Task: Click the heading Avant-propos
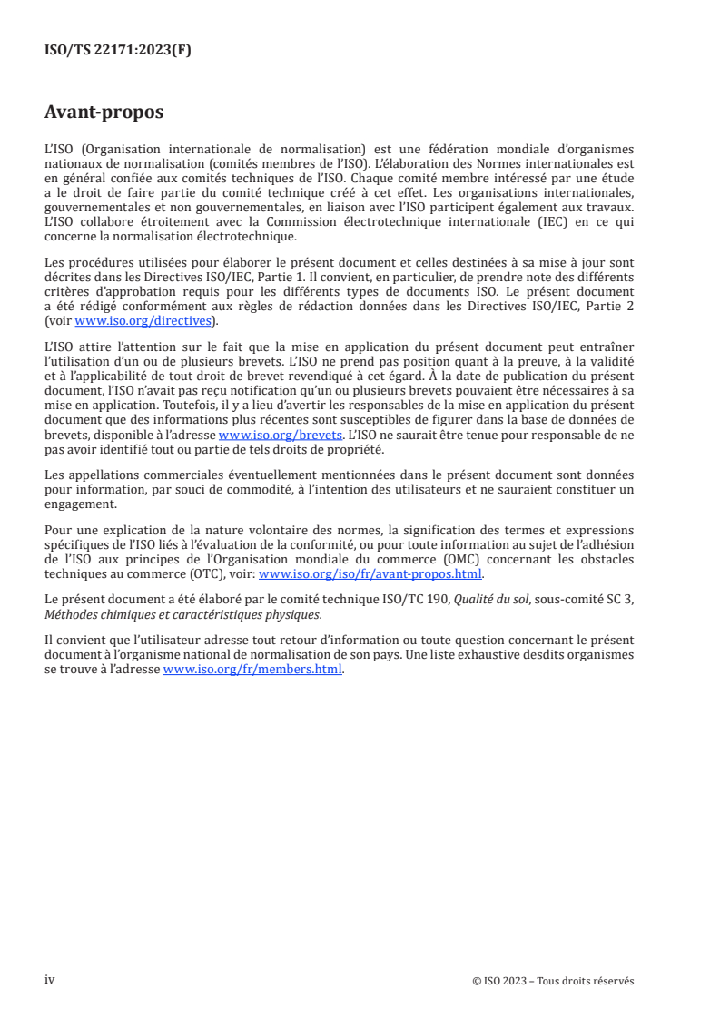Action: (104, 113)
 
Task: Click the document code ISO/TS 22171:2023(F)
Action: (118, 50)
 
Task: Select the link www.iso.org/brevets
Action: (281, 435)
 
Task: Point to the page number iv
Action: (50, 980)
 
